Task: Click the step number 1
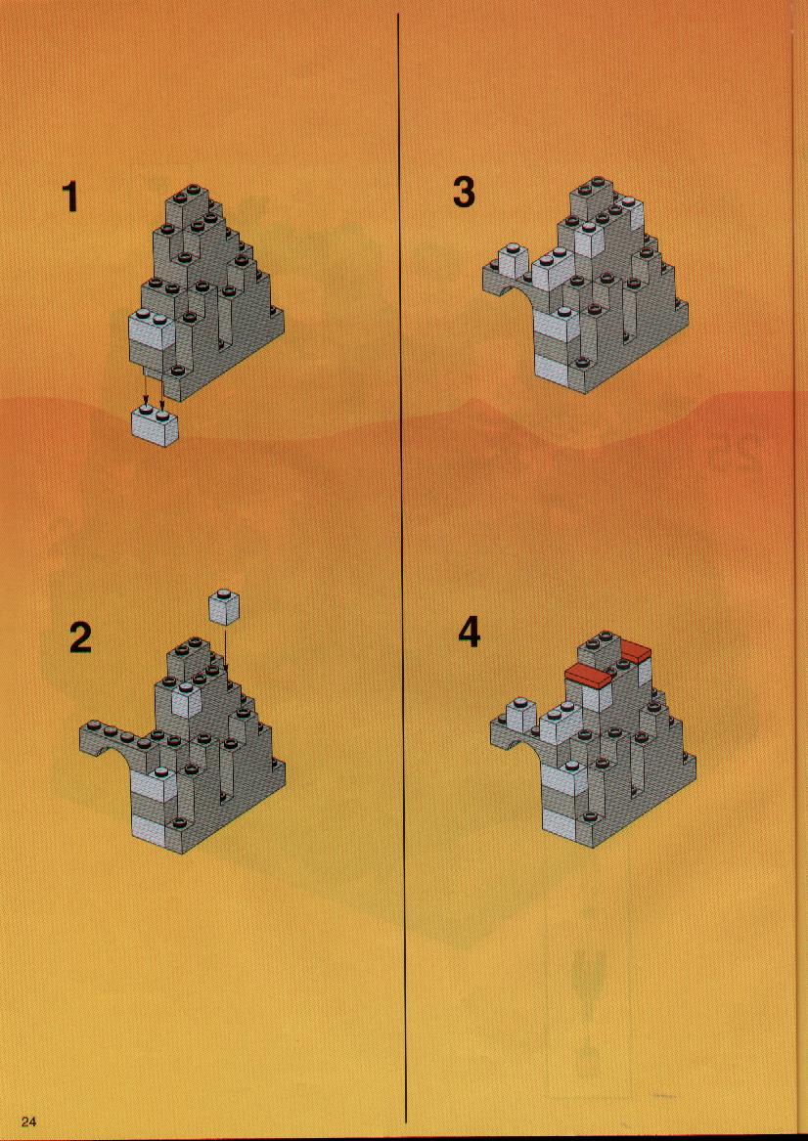coord(69,197)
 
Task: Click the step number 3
coord(464,193)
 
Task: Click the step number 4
coord(470,633)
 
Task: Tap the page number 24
coord(29,1120)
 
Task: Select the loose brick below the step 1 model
coord(156,425)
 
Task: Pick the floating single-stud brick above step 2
coord(223,607)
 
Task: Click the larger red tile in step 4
coord(589,676)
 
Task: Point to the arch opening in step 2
coord(114,756)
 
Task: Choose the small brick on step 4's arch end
coord(519,713)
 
